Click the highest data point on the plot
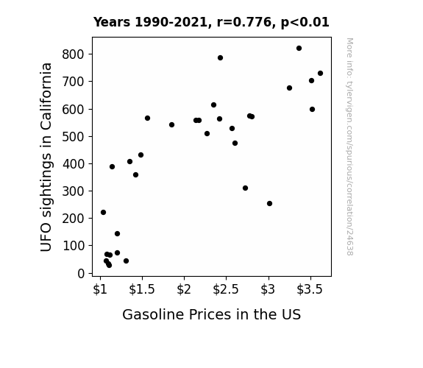click(x=299, y=49)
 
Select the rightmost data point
click(x=320, y=73)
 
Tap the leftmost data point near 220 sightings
click(x=103, y=213)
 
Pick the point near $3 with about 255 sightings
click(x=269, y=204)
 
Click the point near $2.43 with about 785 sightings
click(x=220, y=58)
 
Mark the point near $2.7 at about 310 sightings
click(x=245, y=188)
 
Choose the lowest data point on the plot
click(x=110, y=266)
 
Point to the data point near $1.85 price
click(x=172, y=124)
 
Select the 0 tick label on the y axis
click(x=81, y=274)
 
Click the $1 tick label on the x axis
click(x=100, y=289)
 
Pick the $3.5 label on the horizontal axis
click(x=310, y=289)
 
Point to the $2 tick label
click(x=184, y=289)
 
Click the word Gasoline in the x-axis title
click(x=154, y=314)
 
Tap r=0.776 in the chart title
click(x=244, y=22)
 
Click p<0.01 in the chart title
click(x=305, y=23)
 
